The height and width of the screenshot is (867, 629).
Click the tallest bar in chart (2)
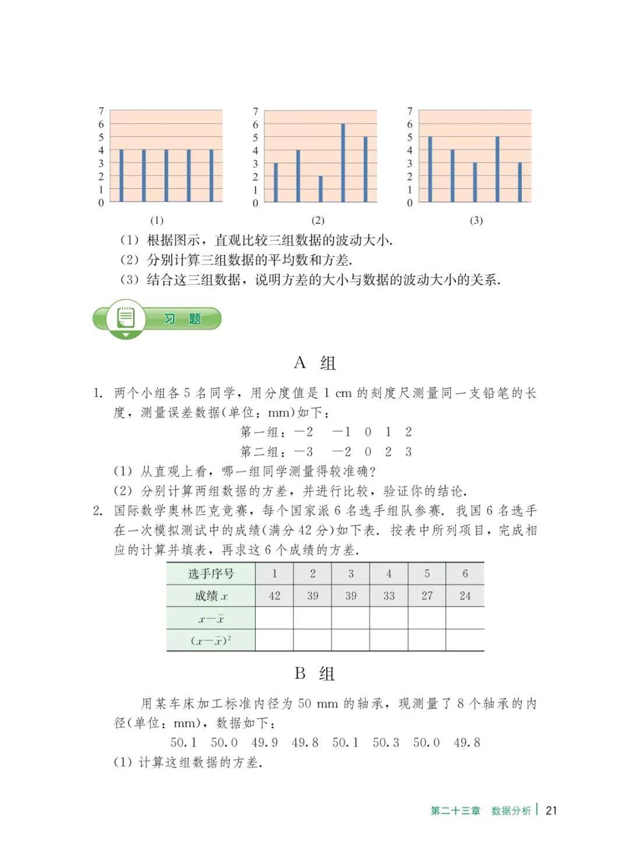[x=343, y=163]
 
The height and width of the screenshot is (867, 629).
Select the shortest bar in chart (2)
[x=320, y=189]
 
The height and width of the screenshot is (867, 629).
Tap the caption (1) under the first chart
[x=157, y=220]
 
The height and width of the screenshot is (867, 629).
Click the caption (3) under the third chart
[x=476, y=220]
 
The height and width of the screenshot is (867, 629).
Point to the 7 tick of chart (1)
[x=101, y=111]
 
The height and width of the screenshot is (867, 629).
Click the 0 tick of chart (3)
[x=409, y=203]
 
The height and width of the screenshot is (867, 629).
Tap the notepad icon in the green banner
[x=126, y=318]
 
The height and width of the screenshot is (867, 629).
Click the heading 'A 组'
[x=314, y=363]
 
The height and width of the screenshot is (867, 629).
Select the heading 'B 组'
[x=314, y=674]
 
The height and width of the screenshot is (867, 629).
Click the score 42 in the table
[x=274, y=595]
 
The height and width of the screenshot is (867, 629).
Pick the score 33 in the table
[x=388, y=595]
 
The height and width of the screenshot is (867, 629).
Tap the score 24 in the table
[x=465, y=595]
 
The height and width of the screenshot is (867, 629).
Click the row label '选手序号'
[x=211, y=574]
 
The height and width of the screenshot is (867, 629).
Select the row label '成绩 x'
[x=211, y=595]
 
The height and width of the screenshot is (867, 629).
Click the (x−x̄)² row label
[x=211, y=640]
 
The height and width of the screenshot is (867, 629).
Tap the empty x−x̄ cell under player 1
[x=274, y=618]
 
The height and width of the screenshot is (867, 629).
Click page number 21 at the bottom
[x=552, y=810]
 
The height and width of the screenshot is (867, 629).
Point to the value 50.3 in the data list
[x=386, y=742]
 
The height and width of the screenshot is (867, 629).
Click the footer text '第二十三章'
[x=455, y=810]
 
